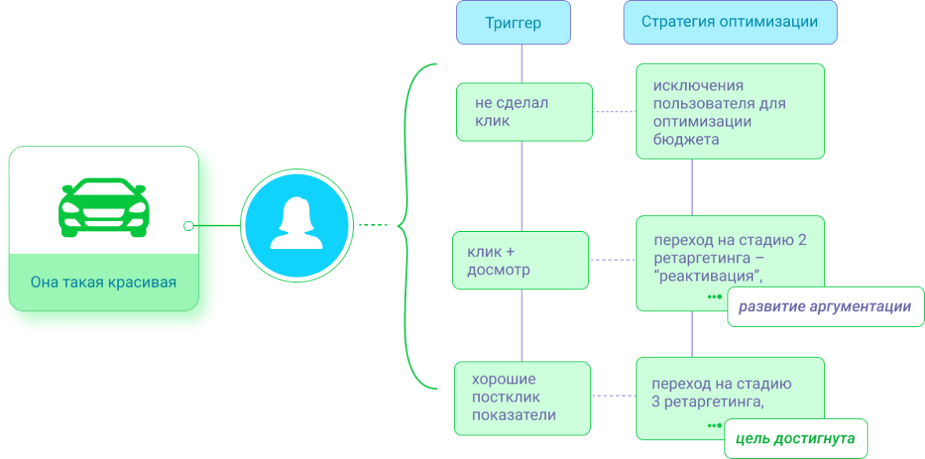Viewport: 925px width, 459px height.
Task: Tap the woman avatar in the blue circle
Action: point(295,225)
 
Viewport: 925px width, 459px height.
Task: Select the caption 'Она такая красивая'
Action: point(103,282)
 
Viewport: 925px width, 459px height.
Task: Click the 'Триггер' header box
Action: point(513,23)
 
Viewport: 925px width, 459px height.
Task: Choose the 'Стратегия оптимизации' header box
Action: point(729,22)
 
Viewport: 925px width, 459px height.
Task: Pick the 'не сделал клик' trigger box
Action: point(524,112)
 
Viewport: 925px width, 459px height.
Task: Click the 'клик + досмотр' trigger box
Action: point(521,261)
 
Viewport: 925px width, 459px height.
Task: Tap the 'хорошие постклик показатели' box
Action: point(521,397)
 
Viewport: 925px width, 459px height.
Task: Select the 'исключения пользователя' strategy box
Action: point(729,112)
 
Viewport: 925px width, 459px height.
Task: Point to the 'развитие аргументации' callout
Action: point(824,307)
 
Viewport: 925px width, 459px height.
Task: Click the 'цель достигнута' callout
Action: point(795,439)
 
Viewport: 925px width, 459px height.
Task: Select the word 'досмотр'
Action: point(499,270)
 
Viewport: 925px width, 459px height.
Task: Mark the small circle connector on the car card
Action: point(188,226)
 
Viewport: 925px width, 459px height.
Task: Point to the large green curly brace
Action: point(409,226)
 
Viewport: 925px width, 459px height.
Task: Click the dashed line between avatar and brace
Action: point(373,226)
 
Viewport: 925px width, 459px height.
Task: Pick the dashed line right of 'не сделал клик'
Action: point(614,112)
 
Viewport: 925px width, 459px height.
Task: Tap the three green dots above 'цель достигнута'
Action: point(713,425)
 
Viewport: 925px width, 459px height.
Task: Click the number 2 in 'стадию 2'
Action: point(802,241)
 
